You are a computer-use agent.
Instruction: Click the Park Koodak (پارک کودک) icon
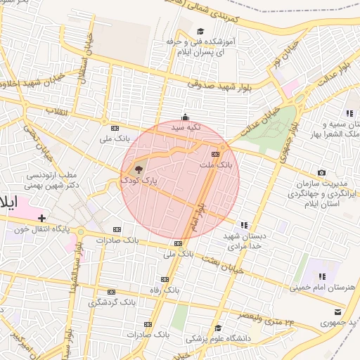(139, 169)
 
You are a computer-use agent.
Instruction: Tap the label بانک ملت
(216, 165)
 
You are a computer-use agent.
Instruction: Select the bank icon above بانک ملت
(215, 154)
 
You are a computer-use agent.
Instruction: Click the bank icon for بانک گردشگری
(111, 292)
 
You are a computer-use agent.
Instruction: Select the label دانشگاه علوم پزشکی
(218, 338)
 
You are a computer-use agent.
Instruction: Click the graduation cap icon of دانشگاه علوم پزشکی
(218, 328)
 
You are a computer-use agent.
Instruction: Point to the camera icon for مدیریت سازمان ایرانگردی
(321, 173)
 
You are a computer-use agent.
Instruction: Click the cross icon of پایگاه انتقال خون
(42, 218)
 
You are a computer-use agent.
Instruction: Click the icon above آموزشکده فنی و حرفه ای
(200, 31)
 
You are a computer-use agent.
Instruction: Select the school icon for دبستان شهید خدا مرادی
(243, 225)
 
